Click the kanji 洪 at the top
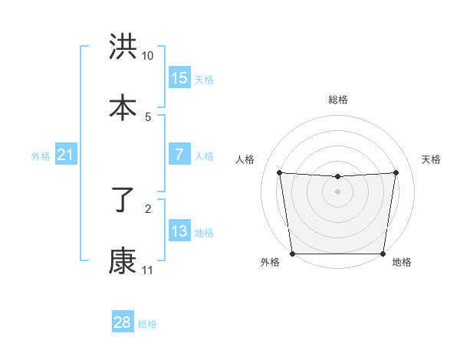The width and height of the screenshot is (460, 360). [123, 47]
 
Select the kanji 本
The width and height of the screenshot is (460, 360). [123, 107]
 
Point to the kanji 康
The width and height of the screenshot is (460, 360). [123, 261]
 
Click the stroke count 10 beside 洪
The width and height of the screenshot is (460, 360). [148, 56]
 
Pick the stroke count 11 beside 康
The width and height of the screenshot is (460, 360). [147, 270]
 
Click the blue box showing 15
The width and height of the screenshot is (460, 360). [179, 78]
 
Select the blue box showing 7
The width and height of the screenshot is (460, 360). [179, 155]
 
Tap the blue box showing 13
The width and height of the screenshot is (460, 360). [179, 231]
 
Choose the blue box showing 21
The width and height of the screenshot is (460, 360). [65, 155]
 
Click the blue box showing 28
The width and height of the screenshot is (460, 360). [123, 322]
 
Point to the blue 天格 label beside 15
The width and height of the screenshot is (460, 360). [203, 80]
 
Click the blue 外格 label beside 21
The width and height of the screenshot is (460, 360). [41, 156]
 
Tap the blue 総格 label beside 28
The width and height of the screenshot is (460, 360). [147, 324]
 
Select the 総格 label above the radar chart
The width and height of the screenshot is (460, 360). [338, 100]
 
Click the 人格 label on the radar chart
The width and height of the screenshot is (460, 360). [245, 159]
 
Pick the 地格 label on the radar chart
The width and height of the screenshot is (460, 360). [402, 263]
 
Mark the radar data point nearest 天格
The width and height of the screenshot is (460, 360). [396, 172]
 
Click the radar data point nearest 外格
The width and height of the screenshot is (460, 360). [292, 254]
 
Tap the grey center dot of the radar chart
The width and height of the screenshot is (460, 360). [338, 191]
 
